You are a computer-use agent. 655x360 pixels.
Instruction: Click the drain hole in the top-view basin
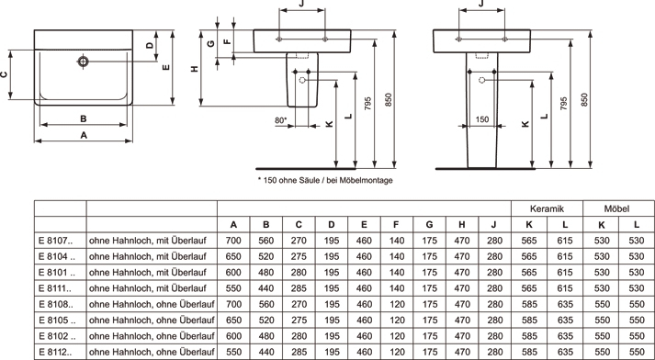[x=83, y=62]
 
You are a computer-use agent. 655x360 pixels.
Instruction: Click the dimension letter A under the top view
[x=84, y=135]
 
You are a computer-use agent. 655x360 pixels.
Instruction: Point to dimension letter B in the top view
[x=83, y=119]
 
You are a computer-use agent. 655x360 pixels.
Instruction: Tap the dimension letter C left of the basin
[x=4, y=74]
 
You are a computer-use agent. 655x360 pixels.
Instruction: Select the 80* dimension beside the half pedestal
[x=281, y=120]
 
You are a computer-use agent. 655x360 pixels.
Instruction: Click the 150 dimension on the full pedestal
[x=482, y=119]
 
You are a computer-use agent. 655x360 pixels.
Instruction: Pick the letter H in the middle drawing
[x=195, y=69]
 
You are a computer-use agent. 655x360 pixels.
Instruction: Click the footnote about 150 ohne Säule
[x=325, y=180]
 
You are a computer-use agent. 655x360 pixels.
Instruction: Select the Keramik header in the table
[x=547, y=208]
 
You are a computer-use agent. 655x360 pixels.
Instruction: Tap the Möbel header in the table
[x=616, y=208]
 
